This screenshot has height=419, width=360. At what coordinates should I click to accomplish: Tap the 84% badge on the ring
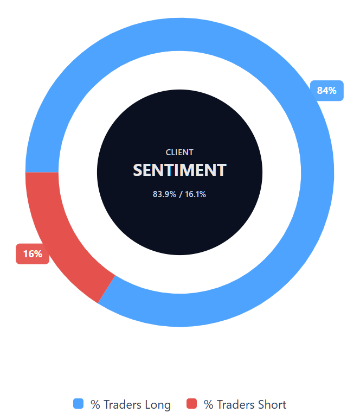tap(326, 91)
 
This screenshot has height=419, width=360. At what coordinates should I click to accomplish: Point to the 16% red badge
tap(33, 254)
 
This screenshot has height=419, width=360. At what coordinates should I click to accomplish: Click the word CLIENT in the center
tap(179, 153)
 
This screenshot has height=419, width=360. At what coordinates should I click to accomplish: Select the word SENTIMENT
tap(179, 170)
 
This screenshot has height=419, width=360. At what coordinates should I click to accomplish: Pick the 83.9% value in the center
tap(164, 194)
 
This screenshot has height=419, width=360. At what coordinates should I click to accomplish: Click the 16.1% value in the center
tap(196, 194)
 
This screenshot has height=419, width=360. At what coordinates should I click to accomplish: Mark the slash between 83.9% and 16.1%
tap(181, 194)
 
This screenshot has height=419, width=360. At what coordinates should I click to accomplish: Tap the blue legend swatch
tap(79, 403)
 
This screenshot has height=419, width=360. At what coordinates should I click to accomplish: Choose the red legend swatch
tap(191, 403)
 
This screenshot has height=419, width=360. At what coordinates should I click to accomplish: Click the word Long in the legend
tap(158, 405)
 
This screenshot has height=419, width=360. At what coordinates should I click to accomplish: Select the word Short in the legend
tap(272, 404)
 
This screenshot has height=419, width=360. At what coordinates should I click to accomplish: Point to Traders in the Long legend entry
tap(123, 404)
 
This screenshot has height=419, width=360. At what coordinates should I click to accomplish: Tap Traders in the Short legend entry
tap(236, 404)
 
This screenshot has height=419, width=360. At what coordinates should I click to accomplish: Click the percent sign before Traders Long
tap(95, 404)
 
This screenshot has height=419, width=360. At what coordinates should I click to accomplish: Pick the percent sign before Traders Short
tap(208, 404)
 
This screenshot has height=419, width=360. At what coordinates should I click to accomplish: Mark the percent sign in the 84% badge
tap(332, 91)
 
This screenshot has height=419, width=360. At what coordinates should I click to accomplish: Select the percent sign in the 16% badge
tap(38, 254)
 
